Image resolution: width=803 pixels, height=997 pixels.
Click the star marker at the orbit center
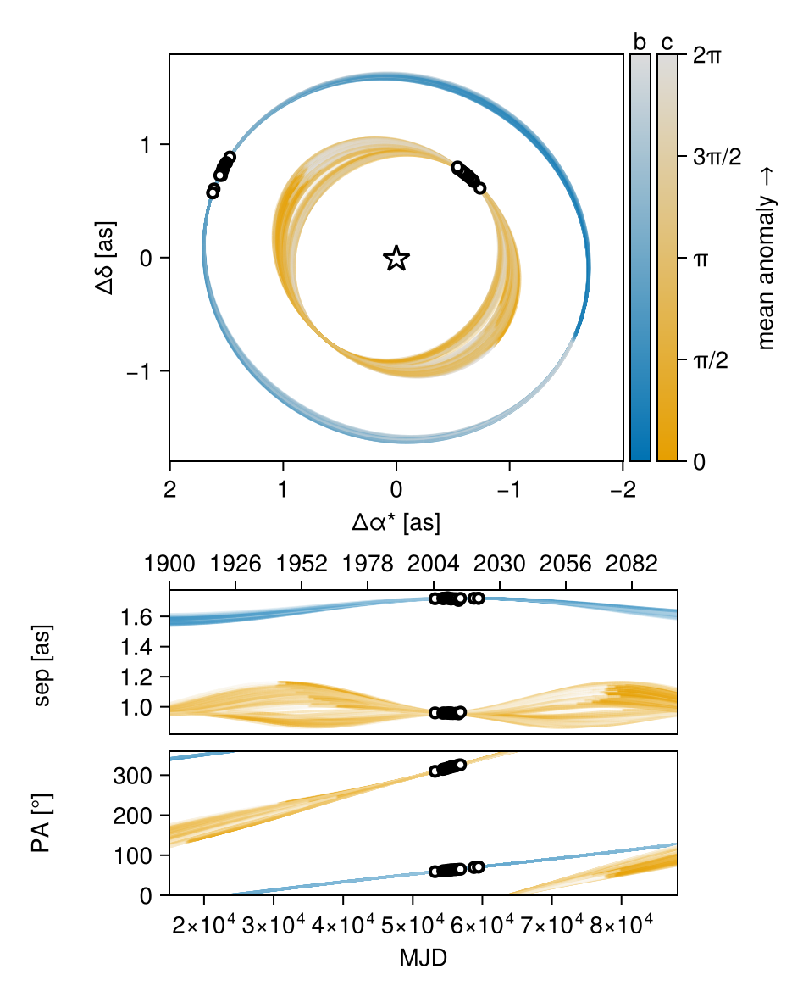[396, 258]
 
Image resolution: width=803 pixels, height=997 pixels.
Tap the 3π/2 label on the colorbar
[717, 156]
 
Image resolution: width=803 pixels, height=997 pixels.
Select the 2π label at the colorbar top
[707, 55]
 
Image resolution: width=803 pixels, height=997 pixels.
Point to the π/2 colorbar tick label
[711, 360]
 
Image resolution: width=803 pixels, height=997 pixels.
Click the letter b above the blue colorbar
[640, 42]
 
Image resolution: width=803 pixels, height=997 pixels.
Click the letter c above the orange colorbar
[667, 42]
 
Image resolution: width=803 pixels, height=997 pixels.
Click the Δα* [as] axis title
[396, 522]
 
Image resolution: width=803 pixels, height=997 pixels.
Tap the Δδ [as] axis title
[105, 258]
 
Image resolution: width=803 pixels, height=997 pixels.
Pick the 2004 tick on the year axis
[434, 563]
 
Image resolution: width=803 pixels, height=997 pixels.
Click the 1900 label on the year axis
[169, 563]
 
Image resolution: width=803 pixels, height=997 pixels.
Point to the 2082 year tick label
[632, 563]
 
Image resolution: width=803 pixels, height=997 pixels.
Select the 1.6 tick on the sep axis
[137, 616]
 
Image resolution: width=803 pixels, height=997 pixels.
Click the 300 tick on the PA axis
[133, 775]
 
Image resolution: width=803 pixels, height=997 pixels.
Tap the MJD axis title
[424, 957]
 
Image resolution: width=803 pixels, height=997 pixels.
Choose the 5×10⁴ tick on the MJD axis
[413, 924]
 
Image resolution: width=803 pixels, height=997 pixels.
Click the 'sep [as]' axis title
[42, 666]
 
